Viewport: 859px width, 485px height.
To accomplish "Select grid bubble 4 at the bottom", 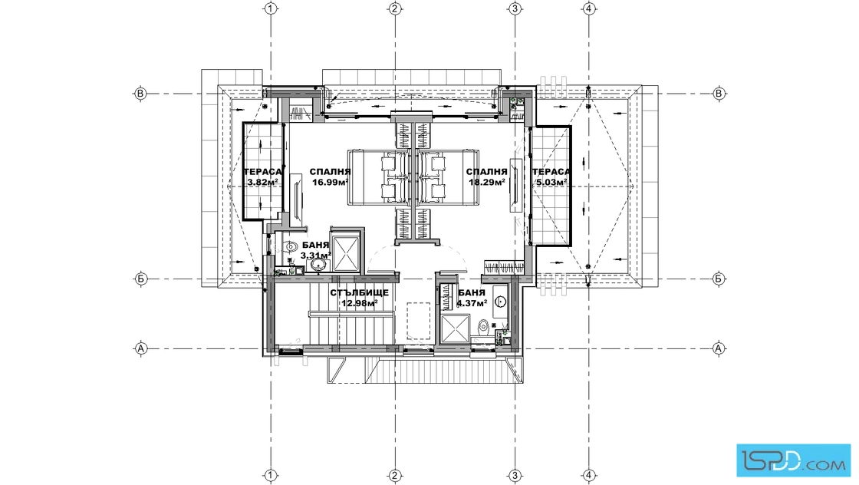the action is tap(588, 476).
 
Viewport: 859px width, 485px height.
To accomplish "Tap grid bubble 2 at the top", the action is tap(395, 8).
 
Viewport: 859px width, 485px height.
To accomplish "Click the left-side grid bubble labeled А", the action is tap(141, 348).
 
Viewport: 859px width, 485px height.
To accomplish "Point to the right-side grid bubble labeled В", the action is tap(719, 94).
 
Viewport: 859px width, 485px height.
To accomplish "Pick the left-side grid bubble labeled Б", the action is tap(141, 279).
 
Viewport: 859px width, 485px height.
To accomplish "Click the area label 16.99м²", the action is tap(331, 183).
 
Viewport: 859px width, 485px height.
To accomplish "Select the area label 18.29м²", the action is tap(486, 183).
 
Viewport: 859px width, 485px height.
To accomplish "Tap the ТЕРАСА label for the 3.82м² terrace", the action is tap(263, 172).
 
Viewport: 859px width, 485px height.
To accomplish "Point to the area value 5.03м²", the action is tap(551, 182).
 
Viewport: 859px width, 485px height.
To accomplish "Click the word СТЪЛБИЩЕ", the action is tap(360, 292).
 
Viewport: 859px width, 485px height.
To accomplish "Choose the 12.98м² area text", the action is tap(360, 303).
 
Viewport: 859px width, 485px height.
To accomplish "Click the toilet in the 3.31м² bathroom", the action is tap(290, 247).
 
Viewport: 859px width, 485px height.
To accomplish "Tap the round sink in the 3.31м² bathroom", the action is tap(318, 265).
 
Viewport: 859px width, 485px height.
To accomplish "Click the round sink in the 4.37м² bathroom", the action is tap(501, 302).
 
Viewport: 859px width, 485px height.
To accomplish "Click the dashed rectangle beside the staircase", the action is tap(419, 321).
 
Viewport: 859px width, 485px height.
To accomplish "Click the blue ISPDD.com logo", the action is tap(793, 460).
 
